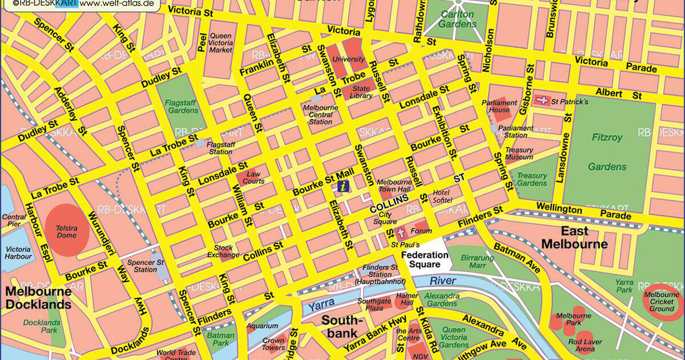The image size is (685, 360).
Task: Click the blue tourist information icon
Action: click(342, 186)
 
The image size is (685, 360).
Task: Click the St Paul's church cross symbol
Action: click(400, 233)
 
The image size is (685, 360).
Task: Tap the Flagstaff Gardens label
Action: click(182, 106)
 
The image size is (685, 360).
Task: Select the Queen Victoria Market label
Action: click(221, 43)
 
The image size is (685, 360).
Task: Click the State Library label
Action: click(362, 92)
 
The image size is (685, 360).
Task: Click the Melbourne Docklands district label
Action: click(38, 298)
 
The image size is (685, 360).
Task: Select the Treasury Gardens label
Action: click(531, 180)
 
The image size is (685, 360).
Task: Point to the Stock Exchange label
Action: click(223, 251)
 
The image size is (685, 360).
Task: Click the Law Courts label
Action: click(254, 177)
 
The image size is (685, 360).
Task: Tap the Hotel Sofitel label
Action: click(442, 196)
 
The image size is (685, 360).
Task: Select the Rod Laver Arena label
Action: click(585, 345)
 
